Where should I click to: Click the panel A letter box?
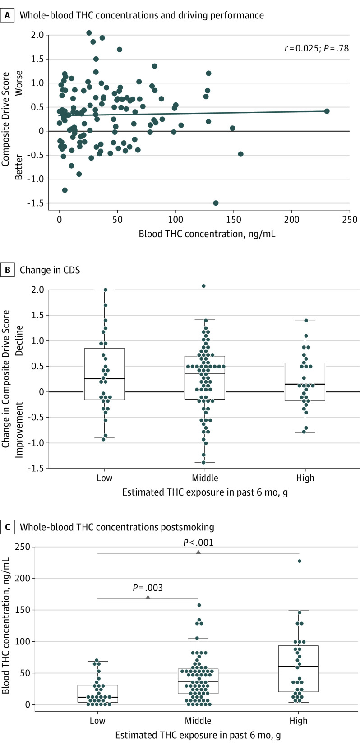click(7, 15)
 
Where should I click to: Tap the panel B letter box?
click(7, 270)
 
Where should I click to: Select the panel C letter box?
click(7, 527)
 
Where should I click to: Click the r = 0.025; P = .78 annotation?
click(316, 48)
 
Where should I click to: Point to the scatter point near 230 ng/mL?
click(327, 111)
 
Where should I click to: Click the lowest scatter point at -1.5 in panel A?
click(216, 203)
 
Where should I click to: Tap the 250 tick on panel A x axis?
click(349, 220)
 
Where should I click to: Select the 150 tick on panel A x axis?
click(233, 220)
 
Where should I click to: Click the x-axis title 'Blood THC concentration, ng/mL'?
click(207, 234)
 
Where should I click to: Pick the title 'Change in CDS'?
click(50, 270)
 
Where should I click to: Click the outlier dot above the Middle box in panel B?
click(203, 286)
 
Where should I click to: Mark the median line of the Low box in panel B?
click(105, 379)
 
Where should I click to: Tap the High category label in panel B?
click(305, 478)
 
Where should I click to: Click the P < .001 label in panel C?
click(198, 543)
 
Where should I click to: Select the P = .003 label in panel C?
click(148, 588)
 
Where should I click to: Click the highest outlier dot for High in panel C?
click(299, 561)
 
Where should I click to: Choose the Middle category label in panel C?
click(198, 720)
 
